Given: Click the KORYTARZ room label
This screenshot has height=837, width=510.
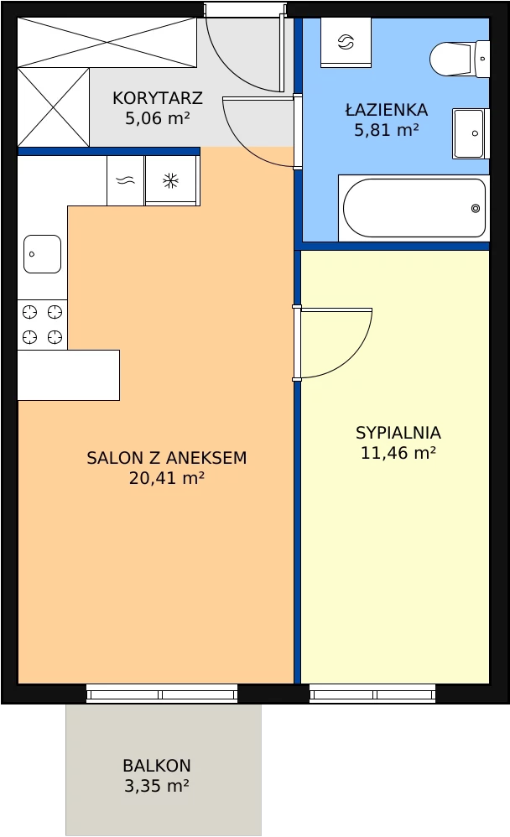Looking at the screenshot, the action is click(x=158, y=98).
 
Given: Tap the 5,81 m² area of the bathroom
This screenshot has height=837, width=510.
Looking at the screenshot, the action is click(x=386, y=130).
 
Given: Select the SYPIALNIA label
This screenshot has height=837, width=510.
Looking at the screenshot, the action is click(x=398, y=433).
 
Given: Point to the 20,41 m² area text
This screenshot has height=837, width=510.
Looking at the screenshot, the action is click(x=167, y=478).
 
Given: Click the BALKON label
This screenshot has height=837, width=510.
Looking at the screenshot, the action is click(x=157, y=766).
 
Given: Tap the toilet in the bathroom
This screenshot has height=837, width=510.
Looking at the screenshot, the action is click(x=460, y=58).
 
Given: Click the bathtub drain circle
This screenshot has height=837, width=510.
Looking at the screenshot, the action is click(x=476, y=208).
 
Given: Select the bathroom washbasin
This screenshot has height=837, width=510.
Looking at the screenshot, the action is click(x=471, y=133).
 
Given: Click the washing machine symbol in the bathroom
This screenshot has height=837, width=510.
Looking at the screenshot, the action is click(x=346, y=42).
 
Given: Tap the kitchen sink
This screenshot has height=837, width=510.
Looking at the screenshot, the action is click(x=42, y=254).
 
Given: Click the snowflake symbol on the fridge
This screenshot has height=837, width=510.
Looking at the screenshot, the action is click(x=170, y=181).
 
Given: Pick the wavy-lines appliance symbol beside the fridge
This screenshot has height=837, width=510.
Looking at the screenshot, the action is click(x=126, y=181).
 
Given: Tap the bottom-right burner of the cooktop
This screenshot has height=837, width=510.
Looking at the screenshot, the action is click(x=55, y=337).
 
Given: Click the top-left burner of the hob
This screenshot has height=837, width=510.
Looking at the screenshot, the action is click(x=30, y=311).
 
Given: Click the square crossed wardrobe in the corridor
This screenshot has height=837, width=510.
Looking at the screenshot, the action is click(x=54, y=107).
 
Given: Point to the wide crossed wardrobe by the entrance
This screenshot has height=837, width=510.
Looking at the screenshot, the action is click(x=107, y=42).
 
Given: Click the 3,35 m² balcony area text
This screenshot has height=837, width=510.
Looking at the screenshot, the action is click(x=157, y=786).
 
